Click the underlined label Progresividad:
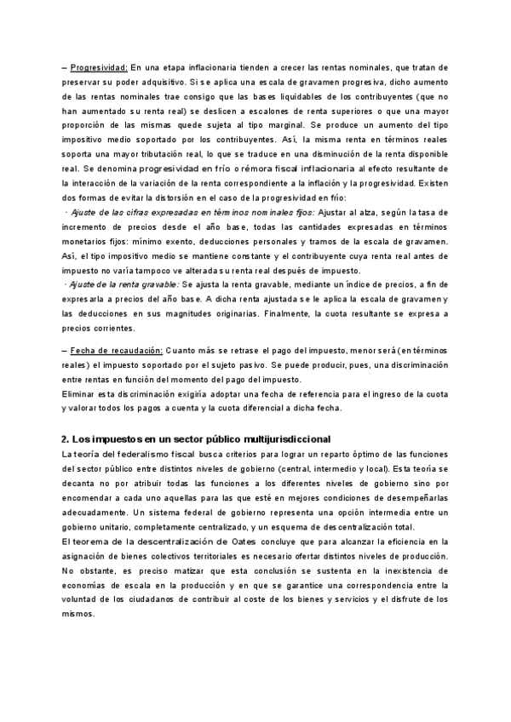coord(99,67)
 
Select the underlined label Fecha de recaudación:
coord(106,352)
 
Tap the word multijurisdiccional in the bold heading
coord(282,438)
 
